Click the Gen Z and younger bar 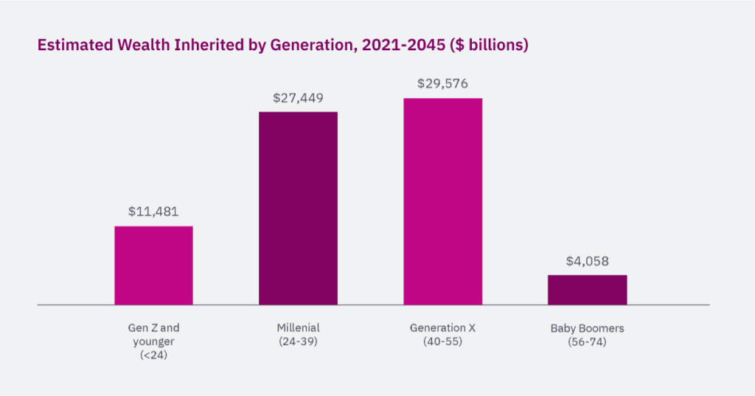(x=153, y=265)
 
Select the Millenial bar (x=298, y=208)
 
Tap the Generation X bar (x=442, y=201)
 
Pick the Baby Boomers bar (x=587, y=290)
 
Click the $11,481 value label (x=153, y=212)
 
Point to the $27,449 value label (x=298, y=98)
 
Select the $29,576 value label (x=442, y=84)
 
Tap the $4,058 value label (x=587, y=261)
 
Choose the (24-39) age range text (x=298, y=342)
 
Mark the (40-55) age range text (x=442, y=342)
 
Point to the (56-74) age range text (x=587, y=342)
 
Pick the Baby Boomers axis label (x=587, y=328)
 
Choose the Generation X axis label (x=442, y=328)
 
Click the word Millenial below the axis (x=298, y=328)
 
